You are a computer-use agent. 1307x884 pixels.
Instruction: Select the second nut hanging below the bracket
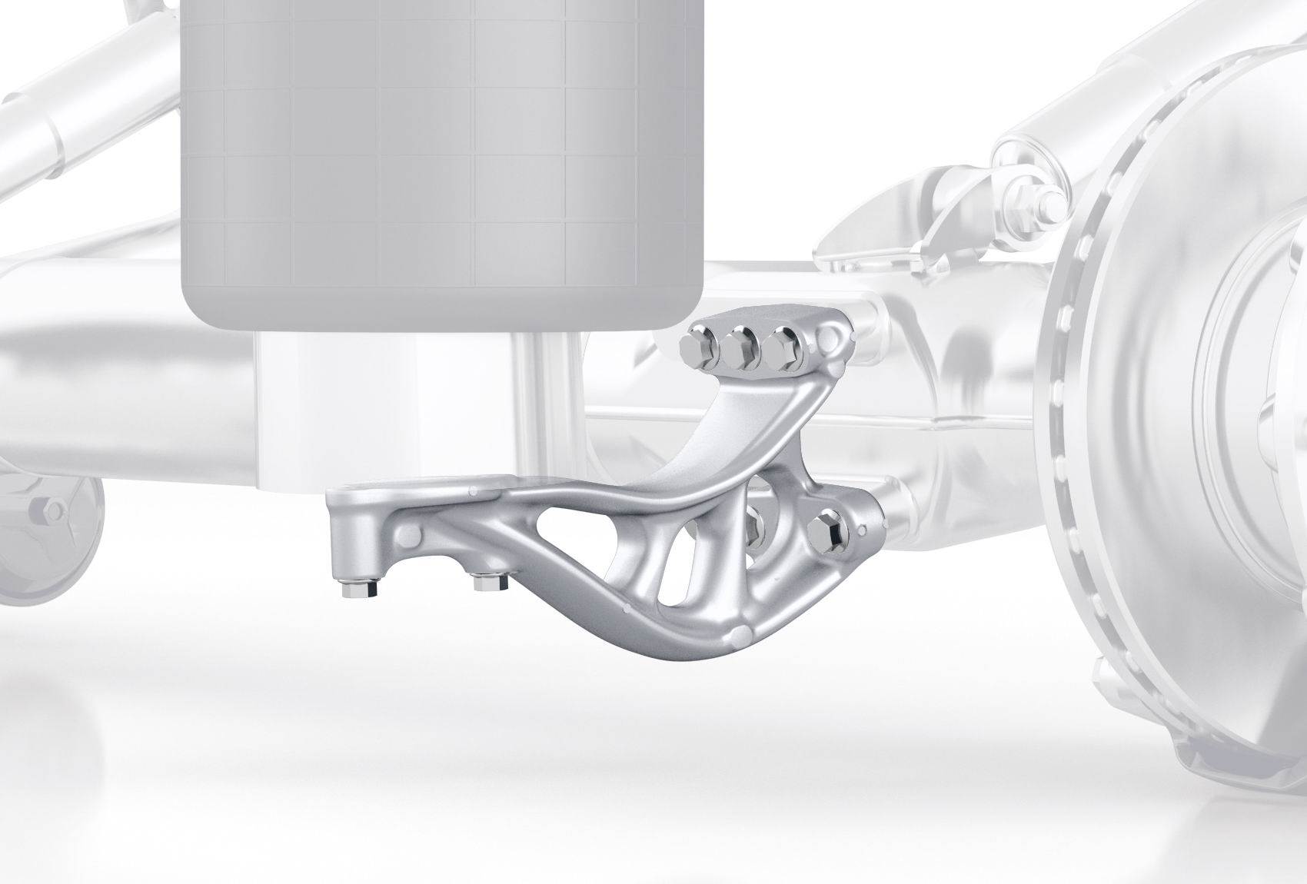[x=489, y=582]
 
